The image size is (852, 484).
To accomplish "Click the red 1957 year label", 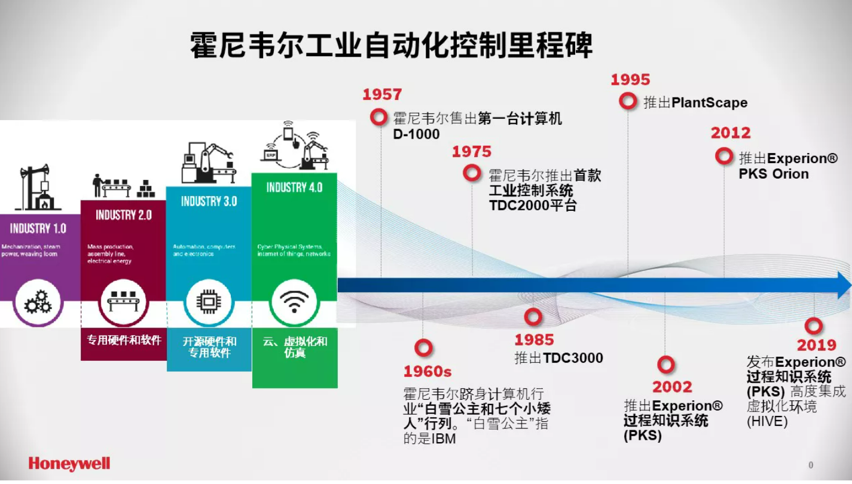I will point(382,94).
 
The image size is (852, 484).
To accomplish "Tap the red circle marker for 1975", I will point(472,173).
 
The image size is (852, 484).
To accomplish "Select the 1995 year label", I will point(630,80).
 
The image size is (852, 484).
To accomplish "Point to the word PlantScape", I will point(709,103).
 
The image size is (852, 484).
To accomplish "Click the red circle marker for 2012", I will point(724,157).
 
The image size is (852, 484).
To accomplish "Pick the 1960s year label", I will point(427,372).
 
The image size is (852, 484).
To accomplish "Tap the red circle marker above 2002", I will point(666,364).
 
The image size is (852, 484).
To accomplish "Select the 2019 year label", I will point(817,345).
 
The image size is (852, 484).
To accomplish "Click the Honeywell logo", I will point(69,464).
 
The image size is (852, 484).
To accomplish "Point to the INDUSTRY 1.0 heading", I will point(38,228).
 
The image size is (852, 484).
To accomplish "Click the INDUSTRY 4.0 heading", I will point(294,188).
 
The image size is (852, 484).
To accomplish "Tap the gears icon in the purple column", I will point(38,302).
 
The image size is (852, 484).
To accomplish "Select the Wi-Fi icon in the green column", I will point(294,301).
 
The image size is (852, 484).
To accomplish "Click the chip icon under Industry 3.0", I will point(208,302).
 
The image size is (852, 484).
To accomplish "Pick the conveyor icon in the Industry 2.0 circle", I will point(123,301).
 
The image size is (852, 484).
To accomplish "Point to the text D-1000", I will point(416,134).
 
